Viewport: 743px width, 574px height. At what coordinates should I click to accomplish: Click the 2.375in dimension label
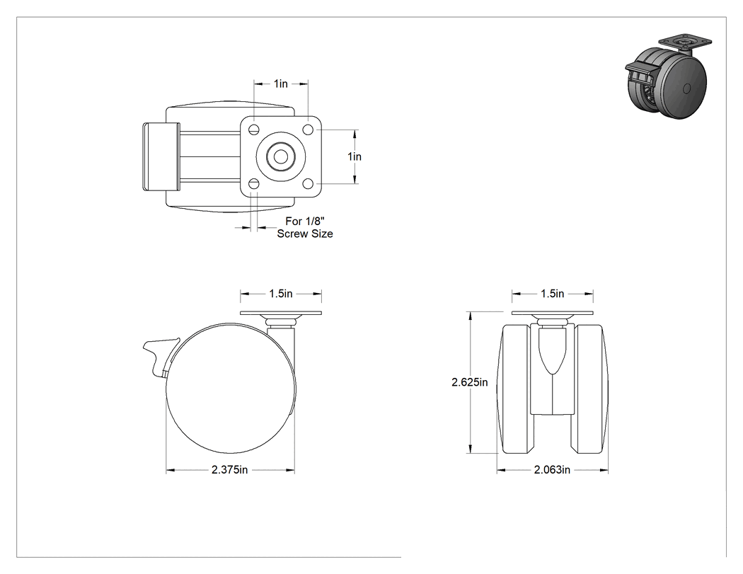(x=230, y=470)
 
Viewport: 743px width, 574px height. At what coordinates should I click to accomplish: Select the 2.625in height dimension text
(x=470, y=382)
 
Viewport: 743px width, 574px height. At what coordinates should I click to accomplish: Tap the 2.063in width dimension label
(x=552, y=470)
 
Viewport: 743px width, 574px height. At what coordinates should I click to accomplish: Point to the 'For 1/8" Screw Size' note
(x=305, y=227)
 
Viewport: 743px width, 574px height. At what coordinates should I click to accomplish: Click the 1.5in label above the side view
(x=281, y=294)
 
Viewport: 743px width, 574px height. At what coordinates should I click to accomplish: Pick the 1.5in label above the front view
(x=553, y=294)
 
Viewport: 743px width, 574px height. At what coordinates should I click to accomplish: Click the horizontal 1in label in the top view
(x=280, y=84)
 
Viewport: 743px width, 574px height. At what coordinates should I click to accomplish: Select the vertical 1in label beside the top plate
(x=355, y=156)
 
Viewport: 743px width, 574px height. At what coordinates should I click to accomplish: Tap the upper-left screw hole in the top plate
(x=254, y=130)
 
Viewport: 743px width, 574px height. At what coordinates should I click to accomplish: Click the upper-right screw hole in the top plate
(x=308, y=130)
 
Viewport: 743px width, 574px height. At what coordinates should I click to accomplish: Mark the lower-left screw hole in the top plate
(x=254, y=183)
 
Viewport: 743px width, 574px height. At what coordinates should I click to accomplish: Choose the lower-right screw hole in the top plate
(x=308, y=183)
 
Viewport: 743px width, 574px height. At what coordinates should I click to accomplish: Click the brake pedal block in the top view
(x=161, y=156)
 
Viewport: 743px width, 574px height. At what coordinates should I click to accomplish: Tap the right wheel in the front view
(x=591, y=389)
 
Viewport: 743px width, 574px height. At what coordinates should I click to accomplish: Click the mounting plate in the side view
(x=281, y=314)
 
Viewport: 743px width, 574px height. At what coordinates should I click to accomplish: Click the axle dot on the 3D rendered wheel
(x=687, y=88)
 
